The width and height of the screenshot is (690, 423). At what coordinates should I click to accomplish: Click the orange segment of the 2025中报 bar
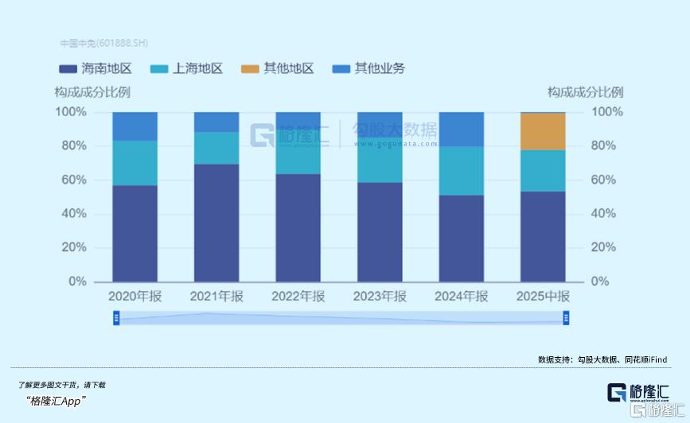point(543,131)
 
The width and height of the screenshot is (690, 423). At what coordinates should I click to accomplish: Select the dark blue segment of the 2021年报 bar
point(216,223)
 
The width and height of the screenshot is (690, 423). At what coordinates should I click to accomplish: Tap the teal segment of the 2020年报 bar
point(134,163)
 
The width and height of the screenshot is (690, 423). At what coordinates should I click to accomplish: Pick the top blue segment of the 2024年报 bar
point(461,129)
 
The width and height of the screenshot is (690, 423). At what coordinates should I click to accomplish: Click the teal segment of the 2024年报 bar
point(461,171)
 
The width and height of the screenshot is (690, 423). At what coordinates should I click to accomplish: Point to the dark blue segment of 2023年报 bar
point(380,231)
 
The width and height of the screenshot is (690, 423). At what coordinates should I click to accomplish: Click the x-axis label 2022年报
point(298,297)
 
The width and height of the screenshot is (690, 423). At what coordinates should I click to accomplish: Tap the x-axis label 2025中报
point(543,297)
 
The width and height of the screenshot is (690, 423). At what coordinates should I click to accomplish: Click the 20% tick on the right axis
point(604,247)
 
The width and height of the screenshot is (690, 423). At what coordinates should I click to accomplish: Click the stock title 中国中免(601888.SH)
point(103,43)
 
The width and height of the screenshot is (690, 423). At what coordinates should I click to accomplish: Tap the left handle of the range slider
point(116,318)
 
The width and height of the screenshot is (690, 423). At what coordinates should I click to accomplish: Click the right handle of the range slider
point(566,318)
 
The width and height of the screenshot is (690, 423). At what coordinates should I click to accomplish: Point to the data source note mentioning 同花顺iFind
point(602,359)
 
